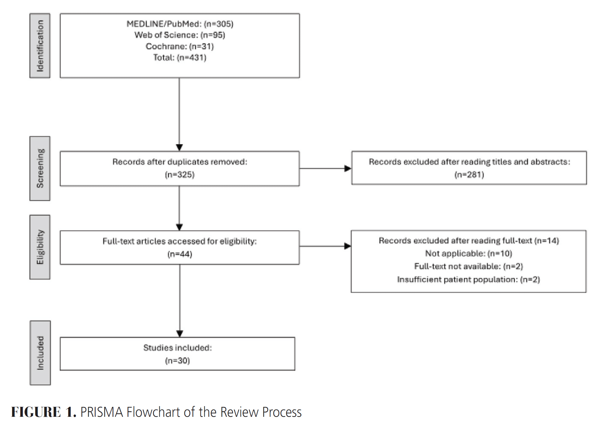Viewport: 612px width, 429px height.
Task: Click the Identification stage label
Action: (40, 46)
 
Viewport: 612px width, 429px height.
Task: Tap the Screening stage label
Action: (40, 168)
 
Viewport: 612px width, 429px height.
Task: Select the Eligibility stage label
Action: (40, 247)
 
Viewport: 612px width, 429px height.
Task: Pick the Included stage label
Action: (40, 353)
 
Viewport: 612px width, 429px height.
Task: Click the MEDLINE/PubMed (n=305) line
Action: (180, 24)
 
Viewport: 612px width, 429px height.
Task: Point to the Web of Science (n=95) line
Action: (180, 35)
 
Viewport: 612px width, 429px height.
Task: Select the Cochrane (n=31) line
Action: (180, 46)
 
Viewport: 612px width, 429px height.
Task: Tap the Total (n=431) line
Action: (180, 58)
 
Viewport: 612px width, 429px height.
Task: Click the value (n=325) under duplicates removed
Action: (180, 174)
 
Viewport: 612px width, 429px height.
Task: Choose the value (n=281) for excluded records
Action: (469, 174)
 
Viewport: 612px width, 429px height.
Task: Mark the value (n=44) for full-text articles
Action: (180, 254)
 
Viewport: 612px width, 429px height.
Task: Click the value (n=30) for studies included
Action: (177, 361)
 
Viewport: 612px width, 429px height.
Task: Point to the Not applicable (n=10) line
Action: (469, 253)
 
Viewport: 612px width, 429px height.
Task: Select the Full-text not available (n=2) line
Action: (469, 266)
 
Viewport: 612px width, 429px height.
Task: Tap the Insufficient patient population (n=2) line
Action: (469, 279)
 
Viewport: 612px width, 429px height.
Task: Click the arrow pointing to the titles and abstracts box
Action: (326, 169)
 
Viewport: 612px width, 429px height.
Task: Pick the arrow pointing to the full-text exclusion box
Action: (325, 246)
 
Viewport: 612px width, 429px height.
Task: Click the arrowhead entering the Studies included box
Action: (180, 334)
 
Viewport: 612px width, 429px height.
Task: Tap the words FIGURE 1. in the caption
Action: (44, 412)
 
